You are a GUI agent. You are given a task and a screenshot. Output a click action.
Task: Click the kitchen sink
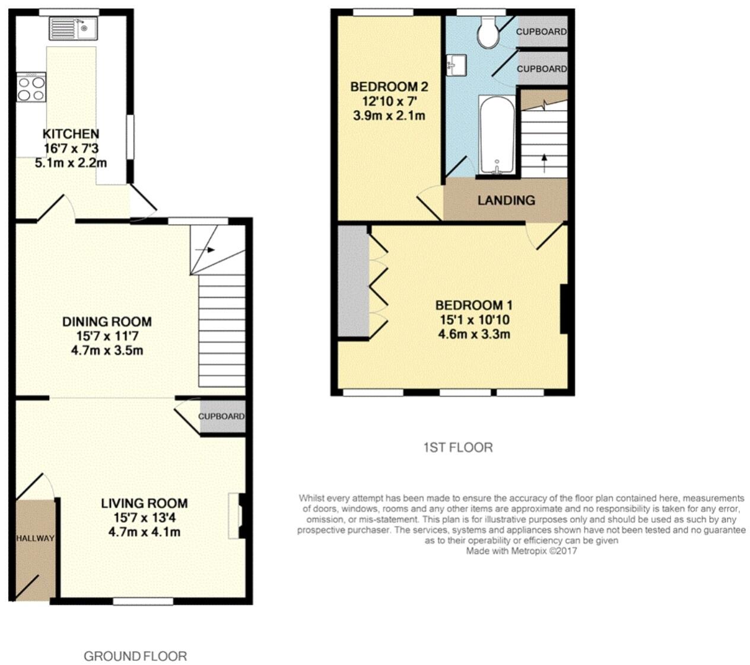coord(73,28)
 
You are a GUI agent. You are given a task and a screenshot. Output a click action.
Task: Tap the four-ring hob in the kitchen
coord(31,88)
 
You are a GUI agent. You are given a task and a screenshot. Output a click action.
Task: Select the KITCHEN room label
coord(71,134)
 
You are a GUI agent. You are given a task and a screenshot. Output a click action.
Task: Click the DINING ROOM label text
coord(107,322)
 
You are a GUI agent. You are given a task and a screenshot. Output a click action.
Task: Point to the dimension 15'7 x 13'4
coord(144,517)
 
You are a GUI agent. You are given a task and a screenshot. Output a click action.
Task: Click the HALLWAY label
coord(34,538)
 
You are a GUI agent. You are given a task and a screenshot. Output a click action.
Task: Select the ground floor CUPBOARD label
coord(221,416)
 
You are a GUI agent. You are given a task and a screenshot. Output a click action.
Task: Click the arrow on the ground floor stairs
coord(204,250)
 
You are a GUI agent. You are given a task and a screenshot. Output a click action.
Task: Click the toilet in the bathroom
coord(489,33)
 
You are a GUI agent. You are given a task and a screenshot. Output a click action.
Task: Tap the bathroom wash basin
coord(457,65)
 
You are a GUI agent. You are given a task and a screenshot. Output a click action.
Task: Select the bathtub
coord(497,136)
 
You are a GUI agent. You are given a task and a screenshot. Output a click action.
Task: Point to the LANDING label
coord(506,200)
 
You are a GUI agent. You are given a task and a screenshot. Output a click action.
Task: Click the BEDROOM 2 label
coord(389,87)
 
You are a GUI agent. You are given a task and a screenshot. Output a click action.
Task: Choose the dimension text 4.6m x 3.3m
coord(473,334)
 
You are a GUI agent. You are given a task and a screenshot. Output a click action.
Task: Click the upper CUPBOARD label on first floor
coord(541,31)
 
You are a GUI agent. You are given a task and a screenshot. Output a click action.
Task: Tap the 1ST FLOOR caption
coord(457,447)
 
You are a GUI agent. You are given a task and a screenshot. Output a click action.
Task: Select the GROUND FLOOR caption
coord(135,656)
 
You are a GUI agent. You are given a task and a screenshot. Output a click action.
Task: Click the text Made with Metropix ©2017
coord(521,551)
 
